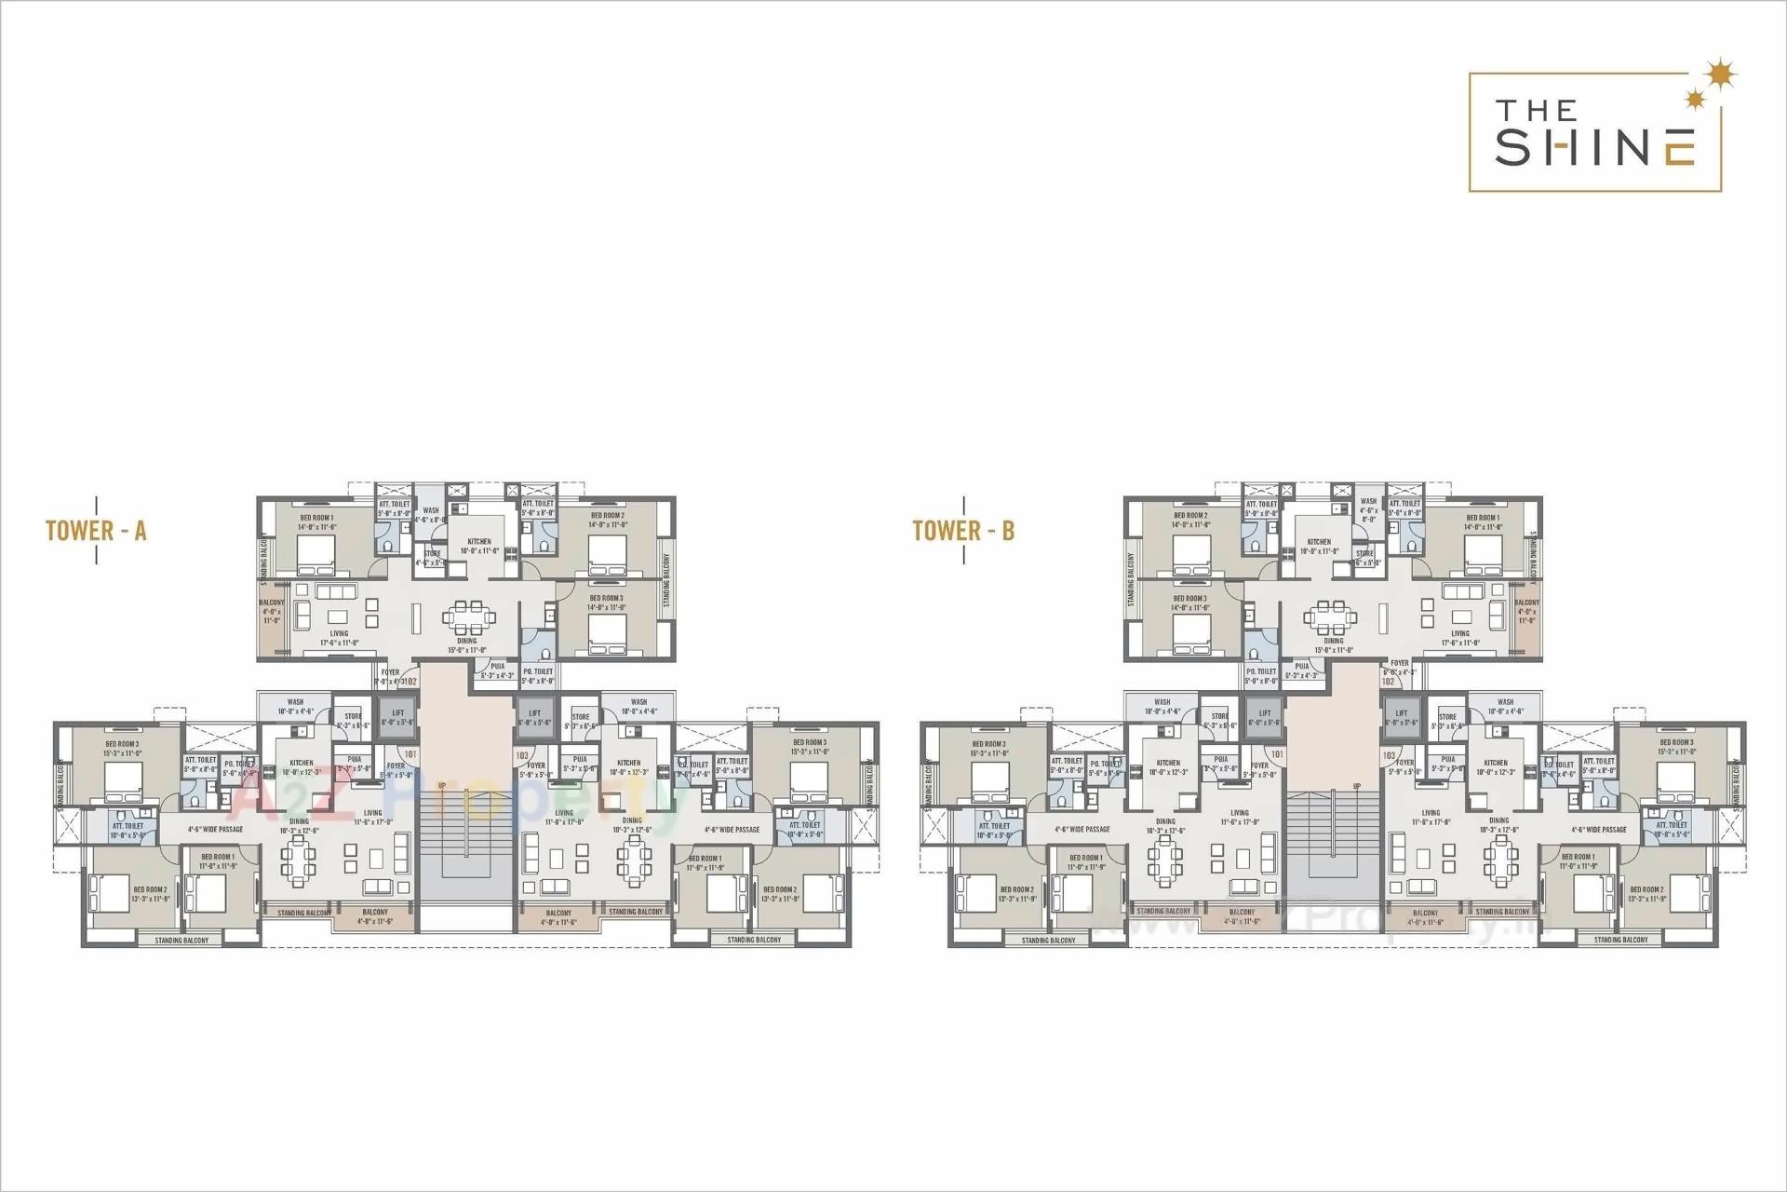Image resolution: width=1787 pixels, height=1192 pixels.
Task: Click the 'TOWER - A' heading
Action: (x=96, y=531)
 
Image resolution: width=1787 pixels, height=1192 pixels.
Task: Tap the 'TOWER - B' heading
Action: (x=963, y=531)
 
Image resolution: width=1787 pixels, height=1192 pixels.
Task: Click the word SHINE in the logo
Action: (x=1594, y=147)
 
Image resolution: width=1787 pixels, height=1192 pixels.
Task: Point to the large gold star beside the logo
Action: (x=1723, y=72)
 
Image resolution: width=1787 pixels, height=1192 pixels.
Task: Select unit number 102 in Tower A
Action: (x=410, y=681)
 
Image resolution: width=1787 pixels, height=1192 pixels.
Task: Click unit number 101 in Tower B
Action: (x=1277, y=754)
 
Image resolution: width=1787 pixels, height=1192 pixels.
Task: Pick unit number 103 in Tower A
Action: (x=522, y=755)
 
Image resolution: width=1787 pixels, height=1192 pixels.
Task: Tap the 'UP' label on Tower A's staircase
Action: (x=442, y=785)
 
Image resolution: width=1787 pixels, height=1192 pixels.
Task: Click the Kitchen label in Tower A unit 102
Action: (x=479, y=541)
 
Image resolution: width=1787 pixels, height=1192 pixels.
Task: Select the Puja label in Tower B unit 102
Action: (x=1302, y=666)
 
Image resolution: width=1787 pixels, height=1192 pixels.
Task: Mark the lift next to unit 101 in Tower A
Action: (x=397, y=718)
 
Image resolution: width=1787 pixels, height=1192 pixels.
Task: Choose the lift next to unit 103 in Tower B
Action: (x=1402, y=718)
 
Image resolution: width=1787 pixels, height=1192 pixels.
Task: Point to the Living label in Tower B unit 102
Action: (x=1459, y=633)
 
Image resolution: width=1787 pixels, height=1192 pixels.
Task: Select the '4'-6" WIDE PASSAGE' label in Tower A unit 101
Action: (x=215, y=829)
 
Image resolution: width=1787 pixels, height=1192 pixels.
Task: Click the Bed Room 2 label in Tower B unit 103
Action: (x=1646, y=889)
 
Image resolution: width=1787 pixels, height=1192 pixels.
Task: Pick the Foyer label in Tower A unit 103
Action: (x=536, y=765)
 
